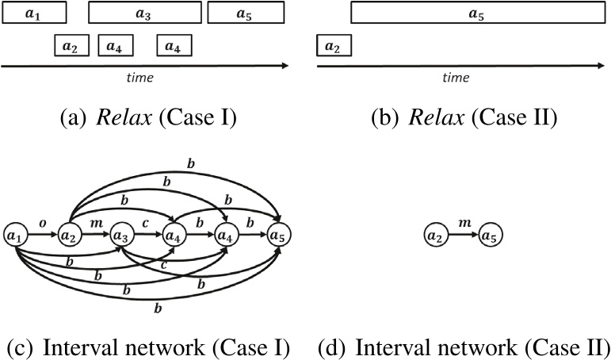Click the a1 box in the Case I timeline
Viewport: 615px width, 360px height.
click(33, 13)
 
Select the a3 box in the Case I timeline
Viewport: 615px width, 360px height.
click(143, 13)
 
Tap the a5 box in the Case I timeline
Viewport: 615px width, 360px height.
click(245, 13)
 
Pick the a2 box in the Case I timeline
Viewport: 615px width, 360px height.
click(71, 47)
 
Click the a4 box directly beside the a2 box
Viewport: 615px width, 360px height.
click(115, 47)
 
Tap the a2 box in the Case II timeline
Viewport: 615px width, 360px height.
click(333, 47)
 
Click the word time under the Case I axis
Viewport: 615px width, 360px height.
click(140, 78)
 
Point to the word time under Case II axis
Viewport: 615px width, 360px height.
click(456, 78)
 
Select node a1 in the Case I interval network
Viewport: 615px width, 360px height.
click(14, 236)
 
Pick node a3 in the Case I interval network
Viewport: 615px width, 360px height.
click(120, 236)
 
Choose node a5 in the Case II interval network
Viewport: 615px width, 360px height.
click(491, 236)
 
